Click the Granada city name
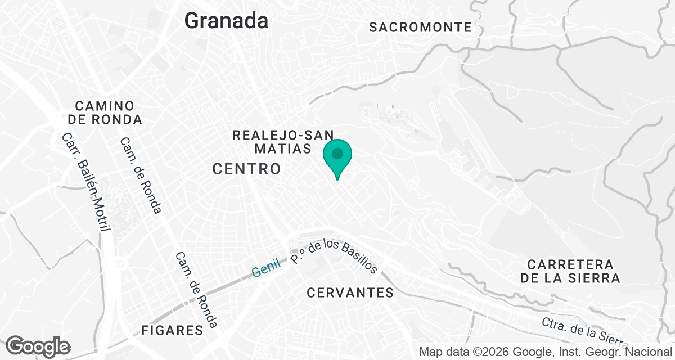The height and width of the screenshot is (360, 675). [226, 21]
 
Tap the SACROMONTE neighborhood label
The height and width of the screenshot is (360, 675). [420, 27]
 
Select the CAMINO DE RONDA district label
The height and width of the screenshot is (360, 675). [105, 112]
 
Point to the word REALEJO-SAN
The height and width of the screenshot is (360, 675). [283, 135]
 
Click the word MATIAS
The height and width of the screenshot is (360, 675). [282, 149]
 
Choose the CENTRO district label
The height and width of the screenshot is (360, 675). [246, 169]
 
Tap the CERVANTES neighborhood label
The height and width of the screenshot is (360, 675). [350, 292]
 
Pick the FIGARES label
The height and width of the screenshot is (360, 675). [172, 330]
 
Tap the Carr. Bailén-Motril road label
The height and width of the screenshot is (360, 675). [88, 182]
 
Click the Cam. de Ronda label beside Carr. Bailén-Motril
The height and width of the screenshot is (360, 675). [140, 175]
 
